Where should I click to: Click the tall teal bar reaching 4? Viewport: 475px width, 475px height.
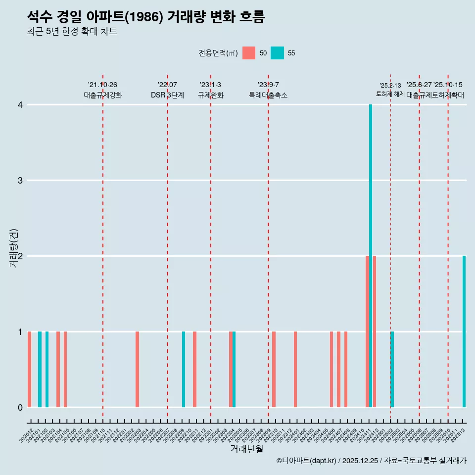click(371, 256)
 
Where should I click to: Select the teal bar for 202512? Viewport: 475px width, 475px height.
click(464, 332)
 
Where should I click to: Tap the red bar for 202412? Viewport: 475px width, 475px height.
click(375, 332)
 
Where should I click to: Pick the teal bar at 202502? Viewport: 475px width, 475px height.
click(392, 369)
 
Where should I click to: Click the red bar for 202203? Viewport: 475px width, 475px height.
click(137, 369)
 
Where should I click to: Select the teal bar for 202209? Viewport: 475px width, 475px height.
click(184, 369)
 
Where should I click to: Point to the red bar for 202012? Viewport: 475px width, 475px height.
click(30, 369)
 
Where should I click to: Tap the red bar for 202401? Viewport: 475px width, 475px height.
click(295, 369)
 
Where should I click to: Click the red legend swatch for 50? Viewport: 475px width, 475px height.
click(249, 53)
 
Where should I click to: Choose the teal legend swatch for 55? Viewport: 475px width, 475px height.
click(277, 53)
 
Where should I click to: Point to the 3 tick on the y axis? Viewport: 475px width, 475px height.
click(20, 180)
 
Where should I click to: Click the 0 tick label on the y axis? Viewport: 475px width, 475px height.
click(20, 407)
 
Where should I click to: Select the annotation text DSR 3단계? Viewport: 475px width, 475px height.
click(167, 95)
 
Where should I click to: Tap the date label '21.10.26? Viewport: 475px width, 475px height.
click(102, 85)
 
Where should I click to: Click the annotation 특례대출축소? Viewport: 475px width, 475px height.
click(268, 95)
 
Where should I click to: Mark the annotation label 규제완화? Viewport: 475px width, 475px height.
click(211, 95)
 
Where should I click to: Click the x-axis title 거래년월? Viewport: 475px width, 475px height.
click(246, 449)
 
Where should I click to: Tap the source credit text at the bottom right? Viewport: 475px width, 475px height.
click(371, 461)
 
